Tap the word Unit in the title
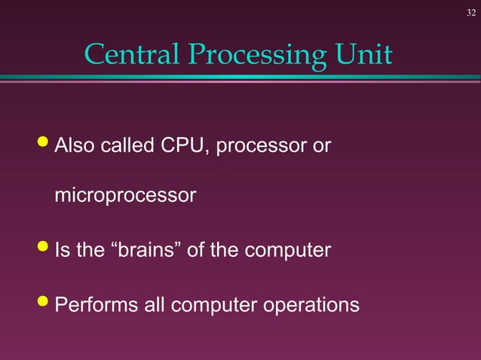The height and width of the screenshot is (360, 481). [x=366, y=55]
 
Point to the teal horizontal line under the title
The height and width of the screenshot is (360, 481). [x=240, y=77]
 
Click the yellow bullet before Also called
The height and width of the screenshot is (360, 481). [x=44, y=142]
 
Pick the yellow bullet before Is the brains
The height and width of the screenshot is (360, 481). [x=44, y=248]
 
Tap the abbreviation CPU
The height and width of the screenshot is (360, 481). [x=184, y=145]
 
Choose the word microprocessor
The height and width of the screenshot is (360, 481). [x=125, y=197]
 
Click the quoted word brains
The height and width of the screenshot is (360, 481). [x=146, y=250]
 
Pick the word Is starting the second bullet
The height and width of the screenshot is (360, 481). [x=63, y=250]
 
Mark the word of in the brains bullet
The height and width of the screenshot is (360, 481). [x=195, y=250]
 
